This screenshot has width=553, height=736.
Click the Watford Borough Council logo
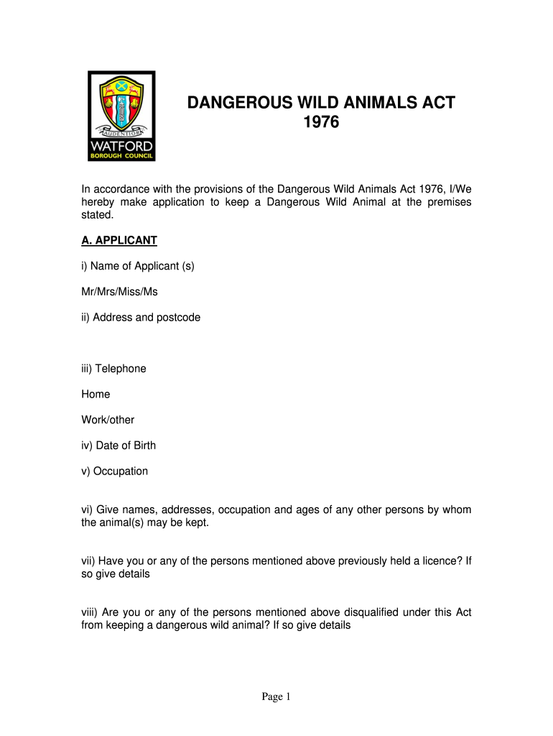point(121,116)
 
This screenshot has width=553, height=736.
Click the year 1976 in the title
point(321,123)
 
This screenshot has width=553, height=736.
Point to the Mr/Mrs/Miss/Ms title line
point(119,292)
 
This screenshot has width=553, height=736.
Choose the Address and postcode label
point(141,317)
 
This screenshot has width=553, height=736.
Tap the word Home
point(96,394)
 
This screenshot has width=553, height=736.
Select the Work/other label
point(108,420)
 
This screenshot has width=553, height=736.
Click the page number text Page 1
point(276,696)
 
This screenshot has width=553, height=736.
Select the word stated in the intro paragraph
point(96,214)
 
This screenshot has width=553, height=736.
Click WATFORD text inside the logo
point(121,146)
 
